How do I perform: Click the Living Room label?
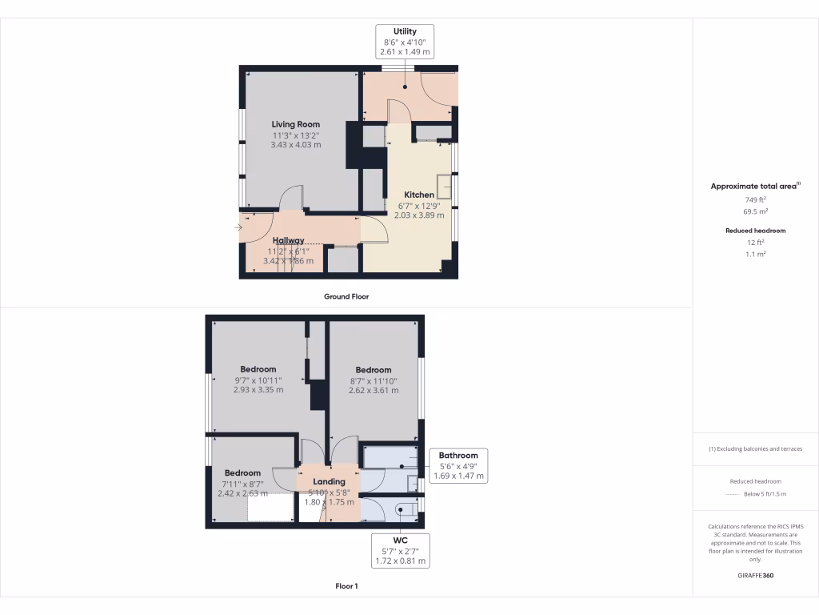[x=295, y=124]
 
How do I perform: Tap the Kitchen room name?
[x=419, y=195]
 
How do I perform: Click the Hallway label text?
[x=288, y=240]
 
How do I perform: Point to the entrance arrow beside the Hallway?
[x=238, y=228]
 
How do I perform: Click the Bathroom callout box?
[x=457, y=465]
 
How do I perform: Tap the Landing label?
[x=329, y=481]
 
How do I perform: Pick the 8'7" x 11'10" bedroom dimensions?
[x=373, y=381]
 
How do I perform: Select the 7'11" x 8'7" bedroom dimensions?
[x=242, y=484]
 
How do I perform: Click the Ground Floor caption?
[x=346, y=296]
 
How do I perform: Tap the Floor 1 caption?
[x=346, y=586]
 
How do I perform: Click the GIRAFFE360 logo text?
[x=755, y=576]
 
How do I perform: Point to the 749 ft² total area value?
[x=755, y=199]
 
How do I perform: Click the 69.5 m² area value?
[x=755, y=211]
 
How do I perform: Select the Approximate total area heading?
[x=754, y=186]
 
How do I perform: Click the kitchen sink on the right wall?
[x=444, y=186]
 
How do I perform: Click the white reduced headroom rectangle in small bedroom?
[x=270, y=508]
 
